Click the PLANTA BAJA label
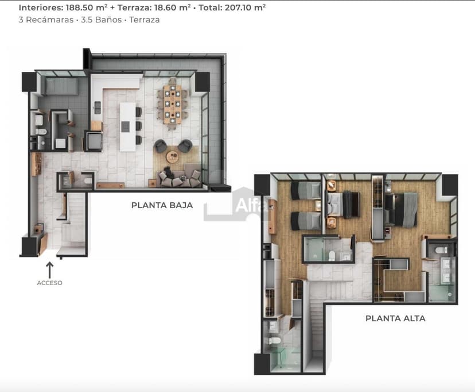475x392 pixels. (x=162, y=205)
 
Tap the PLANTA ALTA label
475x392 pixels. (x=395, y=318)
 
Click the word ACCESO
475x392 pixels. (x=49, y=283)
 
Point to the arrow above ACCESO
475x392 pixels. (x=49, y=270)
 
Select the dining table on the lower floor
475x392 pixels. (x=172, y=104)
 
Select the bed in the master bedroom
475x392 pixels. (x=405, y=208)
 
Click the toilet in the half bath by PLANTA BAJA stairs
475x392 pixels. (x=87, y=182)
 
